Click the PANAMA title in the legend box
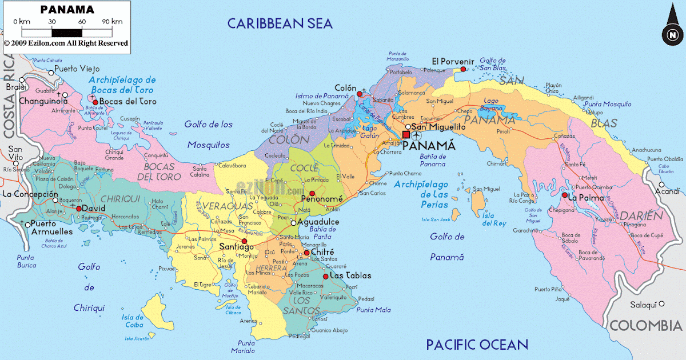(x=67, y=10)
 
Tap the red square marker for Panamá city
(x=406, y=135)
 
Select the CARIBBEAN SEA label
(x=280, y=23)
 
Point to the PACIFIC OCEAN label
(x=477, y=344)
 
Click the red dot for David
(x=79, y=209)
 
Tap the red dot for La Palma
(x=564, y=196)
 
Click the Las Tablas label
(x=350, y=275)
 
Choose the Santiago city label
(x=236, y=247)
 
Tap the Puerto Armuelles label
(x=51, y=227)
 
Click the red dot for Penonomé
(x=312, y=194)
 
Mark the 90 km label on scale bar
(x=113, y=22)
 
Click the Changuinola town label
(x=43, y=101)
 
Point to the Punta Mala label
(x=373, y=310)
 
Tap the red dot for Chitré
(x=306, y=253)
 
